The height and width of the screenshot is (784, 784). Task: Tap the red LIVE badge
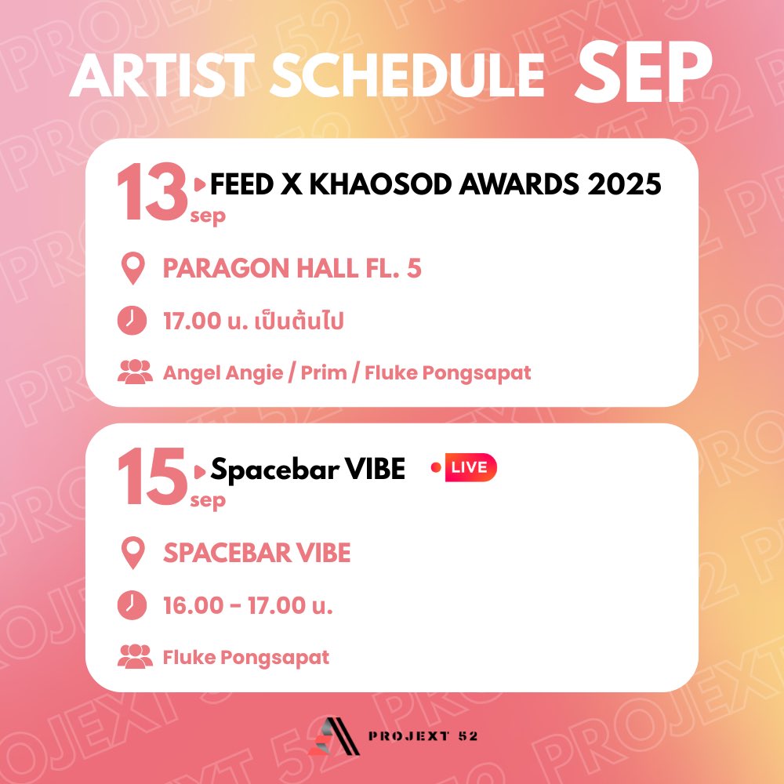click(470, 469)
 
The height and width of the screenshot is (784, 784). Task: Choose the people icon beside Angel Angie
click(134, 372)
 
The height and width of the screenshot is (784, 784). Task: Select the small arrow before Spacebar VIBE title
click(201, 470)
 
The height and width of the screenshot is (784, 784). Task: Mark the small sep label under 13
click(207, 216)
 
